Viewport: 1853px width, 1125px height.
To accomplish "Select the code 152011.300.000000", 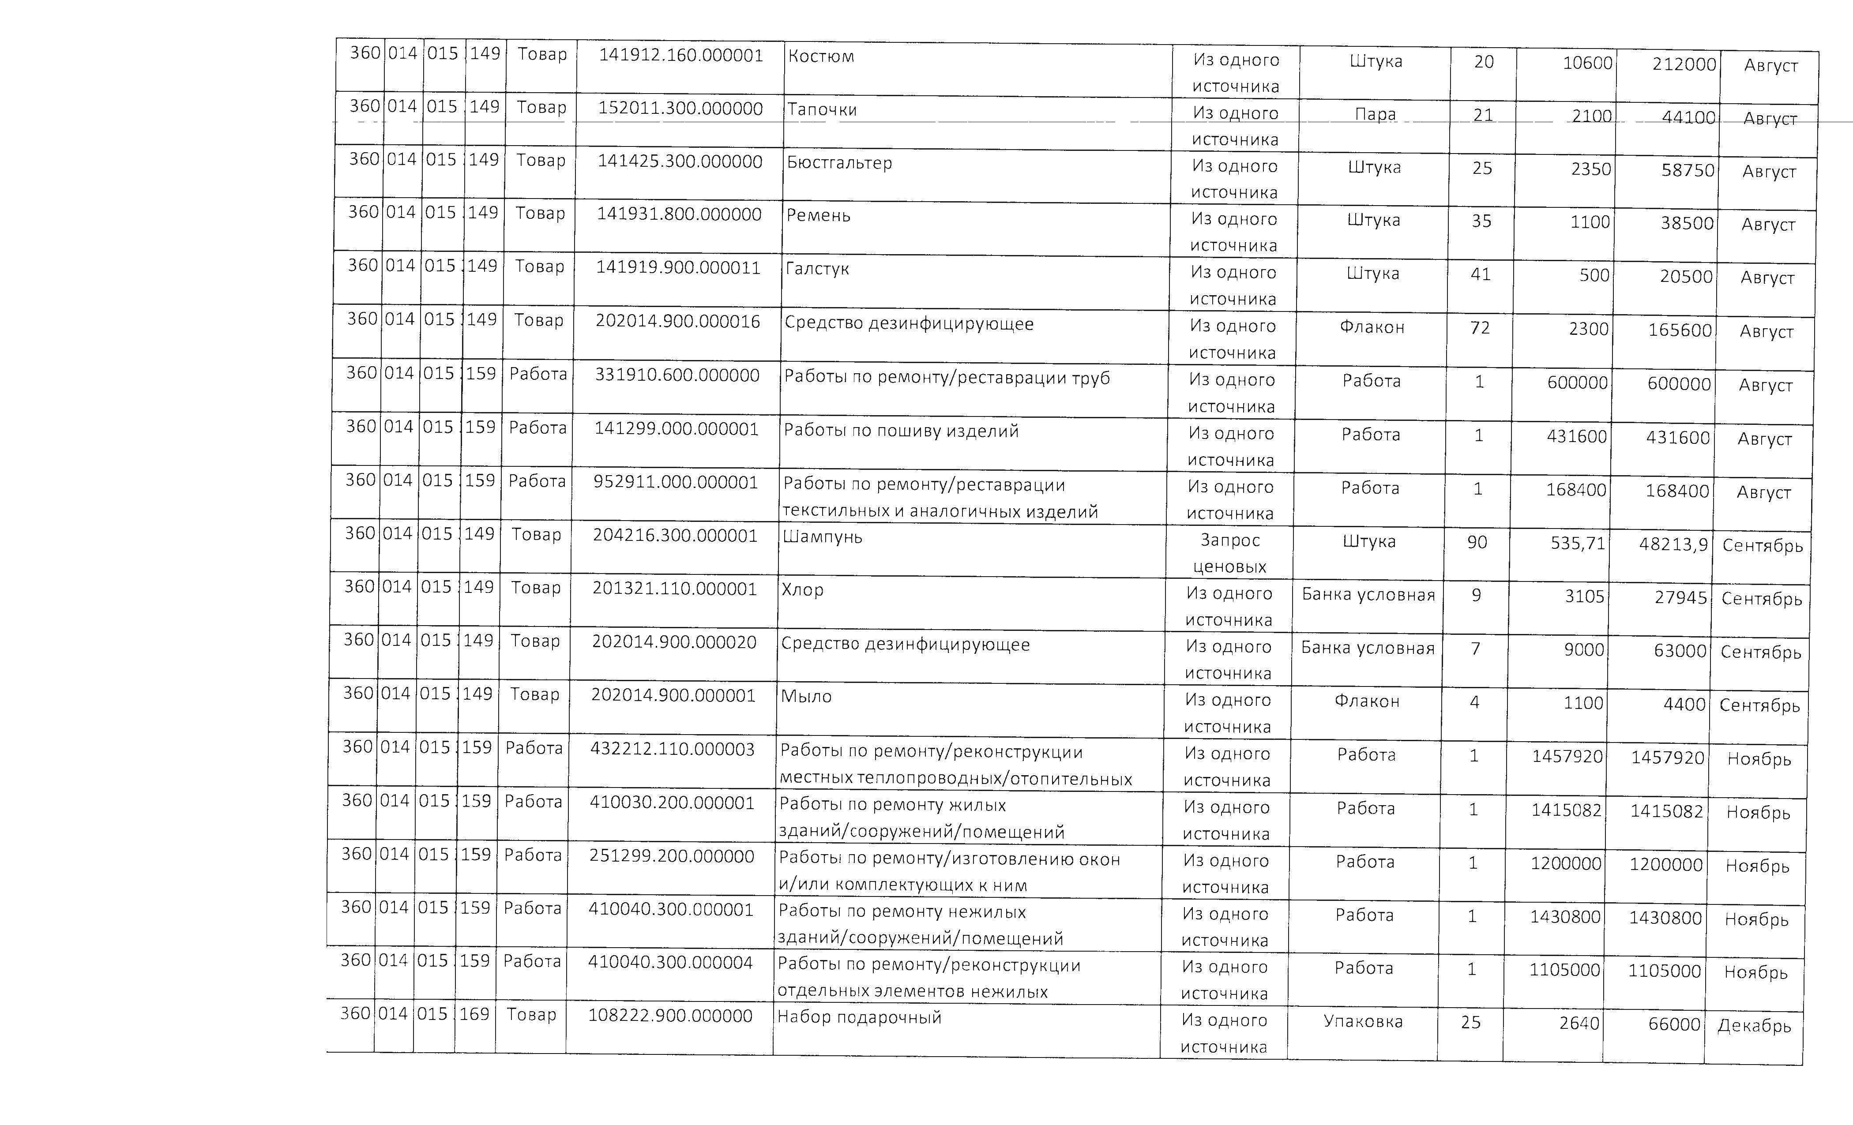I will [680, 108].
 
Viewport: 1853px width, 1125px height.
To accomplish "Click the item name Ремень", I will [818, 216].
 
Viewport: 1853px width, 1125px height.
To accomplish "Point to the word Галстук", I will [817, 269].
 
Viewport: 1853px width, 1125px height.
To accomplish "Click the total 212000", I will [1684, 65].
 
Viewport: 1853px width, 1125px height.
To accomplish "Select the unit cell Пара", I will [1375, 114].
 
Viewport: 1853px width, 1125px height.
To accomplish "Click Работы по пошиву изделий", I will [901, 431].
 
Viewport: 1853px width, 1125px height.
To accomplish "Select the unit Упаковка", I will [1363, 1022].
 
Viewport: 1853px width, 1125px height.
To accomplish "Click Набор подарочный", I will [859, 1017].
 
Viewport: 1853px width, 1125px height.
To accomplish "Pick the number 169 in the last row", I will [474, 1014].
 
